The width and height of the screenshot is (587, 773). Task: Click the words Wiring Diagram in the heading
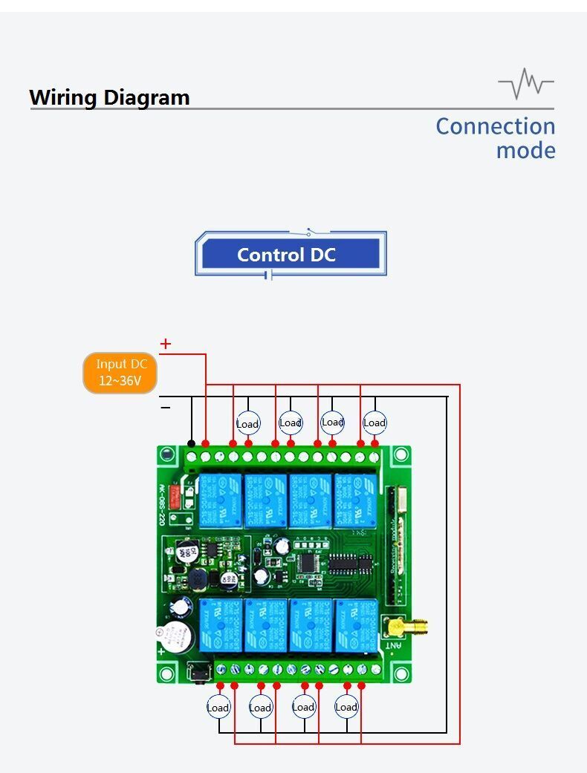coord(109,97)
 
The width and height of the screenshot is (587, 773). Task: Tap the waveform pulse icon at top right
coord(526,83)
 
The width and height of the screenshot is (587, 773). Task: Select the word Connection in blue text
coord(495,126)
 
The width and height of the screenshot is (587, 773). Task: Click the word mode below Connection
coord(525,151)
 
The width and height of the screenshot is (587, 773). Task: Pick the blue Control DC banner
coord(287,255)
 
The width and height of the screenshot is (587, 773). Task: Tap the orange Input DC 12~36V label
coord(121,373)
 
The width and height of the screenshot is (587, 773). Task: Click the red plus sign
coord(166,344)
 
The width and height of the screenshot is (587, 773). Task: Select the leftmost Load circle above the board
coord(247,424)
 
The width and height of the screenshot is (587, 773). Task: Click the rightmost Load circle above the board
coord(374,423)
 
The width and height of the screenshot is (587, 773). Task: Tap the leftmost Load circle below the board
coord(218,708)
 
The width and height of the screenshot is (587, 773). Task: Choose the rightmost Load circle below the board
coord(346,707)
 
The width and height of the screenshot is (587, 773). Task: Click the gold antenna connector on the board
coord(398,628)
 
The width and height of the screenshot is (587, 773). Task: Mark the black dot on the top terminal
coord(192,443)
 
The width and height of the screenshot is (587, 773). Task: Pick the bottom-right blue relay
coord(356,624)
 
